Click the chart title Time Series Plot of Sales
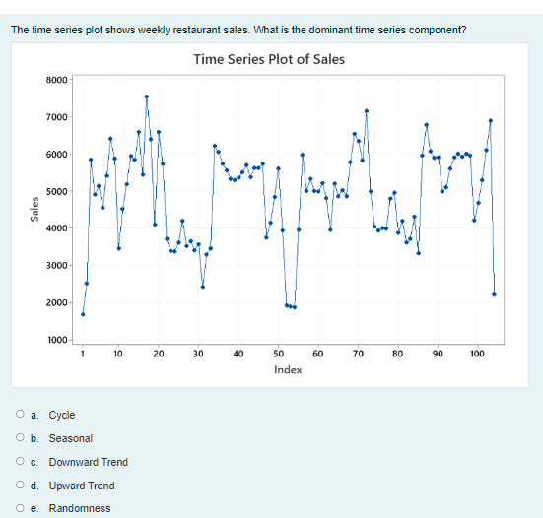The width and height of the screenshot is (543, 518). (269, 59)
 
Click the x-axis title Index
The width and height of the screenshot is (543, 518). (288, 369)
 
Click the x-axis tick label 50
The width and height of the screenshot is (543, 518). (278, 353)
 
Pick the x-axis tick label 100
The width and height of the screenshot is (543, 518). (477, 353)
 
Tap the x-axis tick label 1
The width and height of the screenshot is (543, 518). (83, 353)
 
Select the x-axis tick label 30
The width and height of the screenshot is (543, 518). (198, 353)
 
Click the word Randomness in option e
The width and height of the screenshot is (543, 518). (80, 508)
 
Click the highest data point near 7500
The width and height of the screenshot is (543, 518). (146, 97)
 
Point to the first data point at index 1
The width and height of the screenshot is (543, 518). (83, 314)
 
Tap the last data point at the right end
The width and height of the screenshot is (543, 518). (494, 294)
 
